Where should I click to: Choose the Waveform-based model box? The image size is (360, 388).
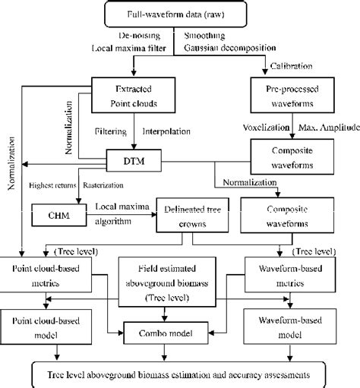tap(290, 324)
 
